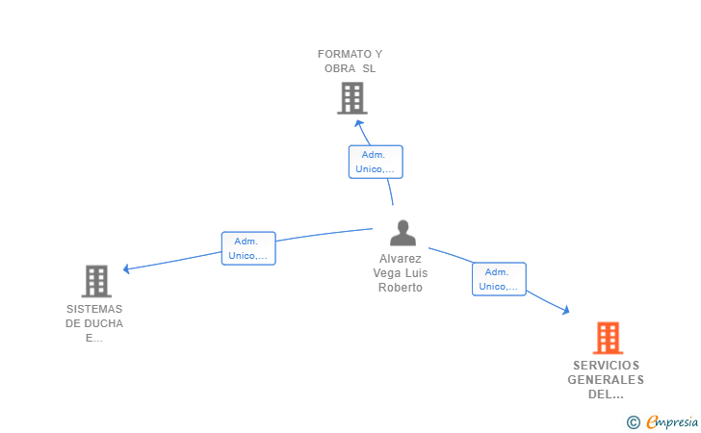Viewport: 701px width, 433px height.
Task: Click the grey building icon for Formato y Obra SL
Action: coord(351,97)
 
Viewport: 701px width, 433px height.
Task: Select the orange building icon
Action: coord(608,338)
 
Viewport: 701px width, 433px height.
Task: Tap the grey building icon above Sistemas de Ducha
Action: coord(96,281)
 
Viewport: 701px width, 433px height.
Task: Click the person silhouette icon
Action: coord(402,233)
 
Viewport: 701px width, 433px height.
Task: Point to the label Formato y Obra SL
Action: coord(350,62)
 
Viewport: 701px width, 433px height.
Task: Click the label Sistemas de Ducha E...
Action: coord(94,323)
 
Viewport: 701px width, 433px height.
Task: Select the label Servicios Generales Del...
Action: coord(606,380)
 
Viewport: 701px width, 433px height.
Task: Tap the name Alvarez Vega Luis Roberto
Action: coord(401,273)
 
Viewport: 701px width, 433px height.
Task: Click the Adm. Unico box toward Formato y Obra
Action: coord(376,162)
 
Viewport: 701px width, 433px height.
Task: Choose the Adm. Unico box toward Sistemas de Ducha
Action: coord(248,248)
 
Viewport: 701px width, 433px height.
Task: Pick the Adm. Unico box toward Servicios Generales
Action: coord(499,279)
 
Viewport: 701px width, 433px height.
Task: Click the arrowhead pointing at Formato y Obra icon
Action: coord(358,122)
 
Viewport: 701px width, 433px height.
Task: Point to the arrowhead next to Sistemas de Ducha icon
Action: coord(126,268)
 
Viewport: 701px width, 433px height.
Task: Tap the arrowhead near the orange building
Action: coord(566,310)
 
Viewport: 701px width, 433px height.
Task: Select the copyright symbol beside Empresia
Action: coord(633,421)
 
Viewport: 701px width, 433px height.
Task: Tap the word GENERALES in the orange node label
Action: coord(606,380)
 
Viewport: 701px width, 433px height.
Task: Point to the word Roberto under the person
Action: coord(401,288)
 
